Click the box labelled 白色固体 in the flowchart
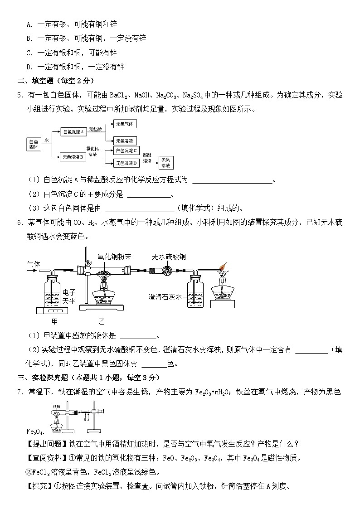pos(33,144)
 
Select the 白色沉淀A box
pos(74,131)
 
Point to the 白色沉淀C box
pos(126,150)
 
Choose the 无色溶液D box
pos(126,163)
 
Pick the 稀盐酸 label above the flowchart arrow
pos(95,129)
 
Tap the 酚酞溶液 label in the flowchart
pos(147,158)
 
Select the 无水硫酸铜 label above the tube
pos(169,257)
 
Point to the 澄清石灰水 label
pos(165,297)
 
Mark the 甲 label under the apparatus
pos(54,321)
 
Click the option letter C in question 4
pos(29,53)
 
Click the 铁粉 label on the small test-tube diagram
pos(57,407)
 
